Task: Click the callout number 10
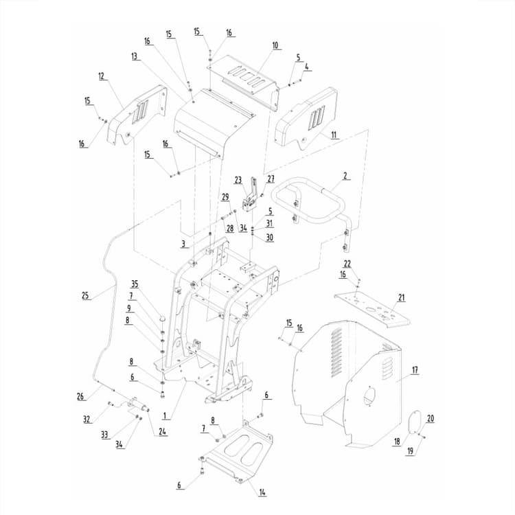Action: pyautogui.click(x=275, y=45)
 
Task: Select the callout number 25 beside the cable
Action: pyautogui.click(x=85, y=296)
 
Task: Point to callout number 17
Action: pyautogui.click(x=415, y=370)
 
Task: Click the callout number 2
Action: pyautogui.click(x=346, y=176)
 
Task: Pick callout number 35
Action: pyautogui.click(x=135, y=284)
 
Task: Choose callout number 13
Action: pyautogui.click(x=135, y=56)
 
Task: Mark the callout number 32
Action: pyautogui.click(x=87, y=418)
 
